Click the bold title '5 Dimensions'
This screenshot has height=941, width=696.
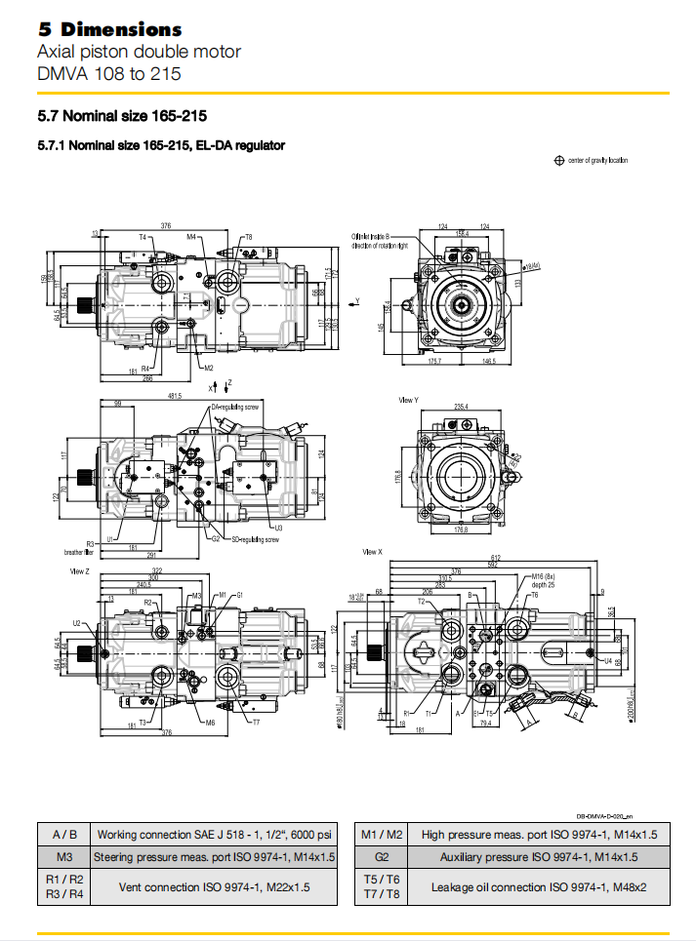109,29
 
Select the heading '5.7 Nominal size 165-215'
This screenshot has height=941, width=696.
121,116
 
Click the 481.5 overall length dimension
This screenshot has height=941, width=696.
176,396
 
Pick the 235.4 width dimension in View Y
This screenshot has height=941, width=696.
460,407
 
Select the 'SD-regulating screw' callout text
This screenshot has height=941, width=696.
255,539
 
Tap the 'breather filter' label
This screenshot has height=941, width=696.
76,552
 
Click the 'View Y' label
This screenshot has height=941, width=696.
408,400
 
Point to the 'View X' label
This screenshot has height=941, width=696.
372,552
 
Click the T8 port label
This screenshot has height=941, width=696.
248,237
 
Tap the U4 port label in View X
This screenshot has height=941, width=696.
607,661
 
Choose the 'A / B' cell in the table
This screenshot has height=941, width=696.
63,835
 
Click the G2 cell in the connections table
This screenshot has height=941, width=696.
382,857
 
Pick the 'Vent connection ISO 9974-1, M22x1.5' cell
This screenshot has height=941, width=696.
214,887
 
